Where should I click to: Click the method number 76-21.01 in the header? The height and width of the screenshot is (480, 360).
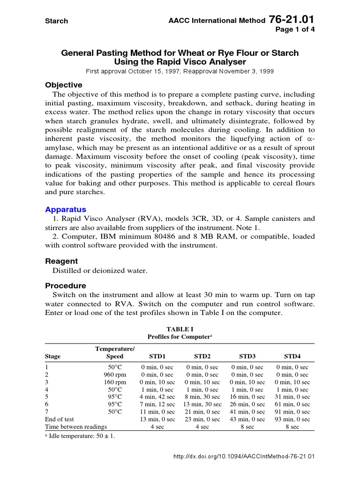click(292, 20)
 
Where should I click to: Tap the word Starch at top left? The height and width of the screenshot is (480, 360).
click(56, 21)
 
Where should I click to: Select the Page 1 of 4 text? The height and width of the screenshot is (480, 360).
click(295, 29)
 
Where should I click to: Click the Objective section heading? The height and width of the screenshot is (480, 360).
click(63, 85)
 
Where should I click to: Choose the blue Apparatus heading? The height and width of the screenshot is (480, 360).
click(65, 210)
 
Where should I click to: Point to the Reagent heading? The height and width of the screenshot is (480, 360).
click(61, 261)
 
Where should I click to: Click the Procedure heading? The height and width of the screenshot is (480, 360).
click(65, 285)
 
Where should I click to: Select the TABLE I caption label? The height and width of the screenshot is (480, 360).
click(180, 329)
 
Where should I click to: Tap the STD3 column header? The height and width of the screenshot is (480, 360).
click(247, 356)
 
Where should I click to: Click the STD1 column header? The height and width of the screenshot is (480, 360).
click(157, 356)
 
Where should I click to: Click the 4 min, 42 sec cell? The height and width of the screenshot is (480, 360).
click(157, 397)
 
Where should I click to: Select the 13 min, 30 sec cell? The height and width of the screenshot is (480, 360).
click(202, 404)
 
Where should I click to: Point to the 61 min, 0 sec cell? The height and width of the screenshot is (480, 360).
click(292, 404)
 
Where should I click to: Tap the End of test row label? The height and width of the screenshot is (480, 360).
click(59, 419)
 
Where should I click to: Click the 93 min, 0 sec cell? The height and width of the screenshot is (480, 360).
click(292, 419)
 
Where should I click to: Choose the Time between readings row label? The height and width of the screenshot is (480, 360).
click(75, 427)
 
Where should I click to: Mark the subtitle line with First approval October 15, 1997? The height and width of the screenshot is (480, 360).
click(180, 71)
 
